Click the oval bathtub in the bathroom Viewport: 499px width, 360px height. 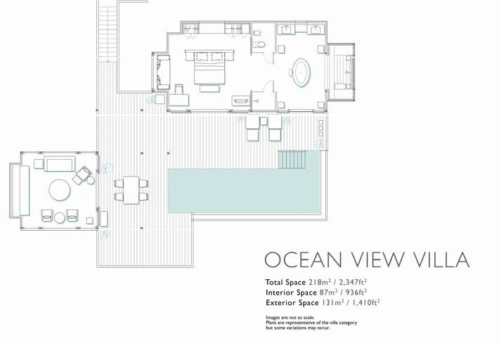pos(301,72)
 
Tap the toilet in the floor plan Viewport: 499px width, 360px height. pos(260,44)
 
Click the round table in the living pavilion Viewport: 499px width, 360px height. pos(60,191)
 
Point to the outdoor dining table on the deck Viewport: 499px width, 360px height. pos(131,190)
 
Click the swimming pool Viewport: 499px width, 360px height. pos(244,191)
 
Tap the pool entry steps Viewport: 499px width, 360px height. pos(292,160)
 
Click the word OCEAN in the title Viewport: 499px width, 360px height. pos(303,259)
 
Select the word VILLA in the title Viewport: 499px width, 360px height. pos(441,259)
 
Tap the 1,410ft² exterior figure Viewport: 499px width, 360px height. pos(365,302)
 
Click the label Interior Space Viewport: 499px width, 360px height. pos(291,292)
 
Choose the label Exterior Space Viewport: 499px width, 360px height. pos(292,303)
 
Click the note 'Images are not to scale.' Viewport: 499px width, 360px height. pos(290,317)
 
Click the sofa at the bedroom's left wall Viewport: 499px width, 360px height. pos(162,72)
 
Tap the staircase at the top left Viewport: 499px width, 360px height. pos(108,30)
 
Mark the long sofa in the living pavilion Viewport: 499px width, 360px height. pos(20,191)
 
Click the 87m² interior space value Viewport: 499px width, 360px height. pos(328,292)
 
